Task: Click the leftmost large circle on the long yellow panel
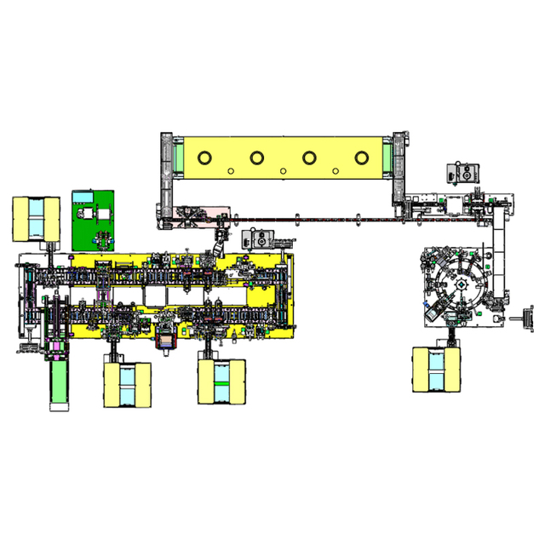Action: pos(204,158)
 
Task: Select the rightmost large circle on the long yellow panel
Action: pos(362,158)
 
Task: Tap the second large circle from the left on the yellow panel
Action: pos(256,158)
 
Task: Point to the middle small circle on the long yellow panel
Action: pos(283,171)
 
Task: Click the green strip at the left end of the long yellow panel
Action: pos(178,158)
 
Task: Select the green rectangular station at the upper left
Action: pos(95,220)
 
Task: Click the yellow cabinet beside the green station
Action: pos(36,219)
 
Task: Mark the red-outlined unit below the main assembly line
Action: pos(165,337)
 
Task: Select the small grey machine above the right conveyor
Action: pos(462,172)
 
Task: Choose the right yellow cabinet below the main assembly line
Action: pos(221,380)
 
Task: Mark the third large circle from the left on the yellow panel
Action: pos(309,158)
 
